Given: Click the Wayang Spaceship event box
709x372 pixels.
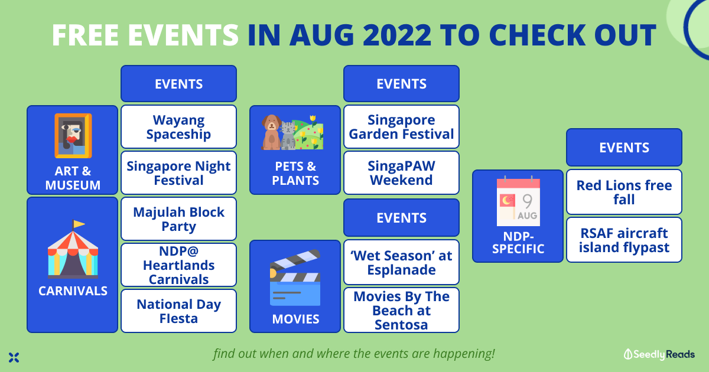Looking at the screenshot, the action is tap(178, 127).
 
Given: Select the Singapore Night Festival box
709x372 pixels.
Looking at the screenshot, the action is tap(178, 172).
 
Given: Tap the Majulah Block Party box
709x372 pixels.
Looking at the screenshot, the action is tap(178, 219).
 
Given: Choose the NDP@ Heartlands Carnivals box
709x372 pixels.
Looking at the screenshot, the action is tap(178, 265).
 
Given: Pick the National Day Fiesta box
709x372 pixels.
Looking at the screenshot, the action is tap(178, 311).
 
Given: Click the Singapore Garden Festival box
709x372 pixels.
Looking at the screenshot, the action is tap(401, 127).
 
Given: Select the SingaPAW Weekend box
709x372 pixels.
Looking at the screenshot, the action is tap(401, 172).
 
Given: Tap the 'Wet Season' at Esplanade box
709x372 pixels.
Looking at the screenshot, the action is tap(401, 262).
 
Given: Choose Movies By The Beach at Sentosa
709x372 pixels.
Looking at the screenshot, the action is tap(401, 310).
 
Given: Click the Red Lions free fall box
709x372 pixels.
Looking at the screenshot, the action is tap(624, 192).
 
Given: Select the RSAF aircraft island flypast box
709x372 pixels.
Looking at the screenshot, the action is tap(624, 240).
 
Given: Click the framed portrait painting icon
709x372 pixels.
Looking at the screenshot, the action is tap(73, 136).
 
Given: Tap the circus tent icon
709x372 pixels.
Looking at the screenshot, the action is tap(73, 249).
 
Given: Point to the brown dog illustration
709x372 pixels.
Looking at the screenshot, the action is tap(271, 132).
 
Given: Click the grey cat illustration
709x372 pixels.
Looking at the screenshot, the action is tap(288, 136).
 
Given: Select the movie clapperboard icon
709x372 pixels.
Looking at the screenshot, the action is tap(295, 278).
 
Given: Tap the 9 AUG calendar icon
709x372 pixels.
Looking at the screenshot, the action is tap(518, 201).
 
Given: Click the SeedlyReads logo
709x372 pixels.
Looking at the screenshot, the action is tap(659, 354).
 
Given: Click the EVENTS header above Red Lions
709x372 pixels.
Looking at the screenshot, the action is tap(624, 148).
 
